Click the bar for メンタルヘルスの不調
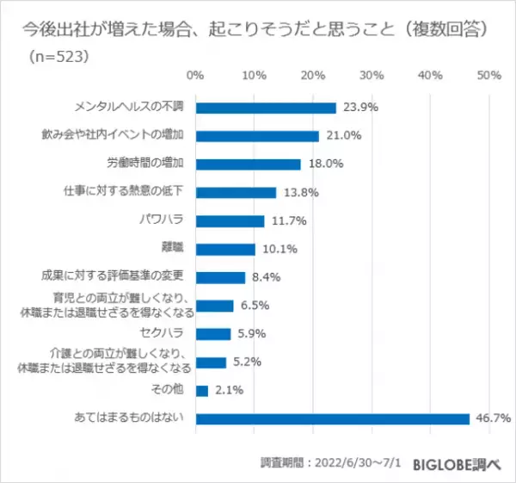(266, 108)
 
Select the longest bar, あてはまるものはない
(333, 419)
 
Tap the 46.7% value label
(493, 419)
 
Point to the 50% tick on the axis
(488, 75)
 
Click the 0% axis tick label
(195, 75)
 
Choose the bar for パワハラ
(230, 220)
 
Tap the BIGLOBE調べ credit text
(462, 461)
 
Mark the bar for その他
(202, 391)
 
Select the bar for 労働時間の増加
(249, 164)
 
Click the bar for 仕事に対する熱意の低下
(236, 192)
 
